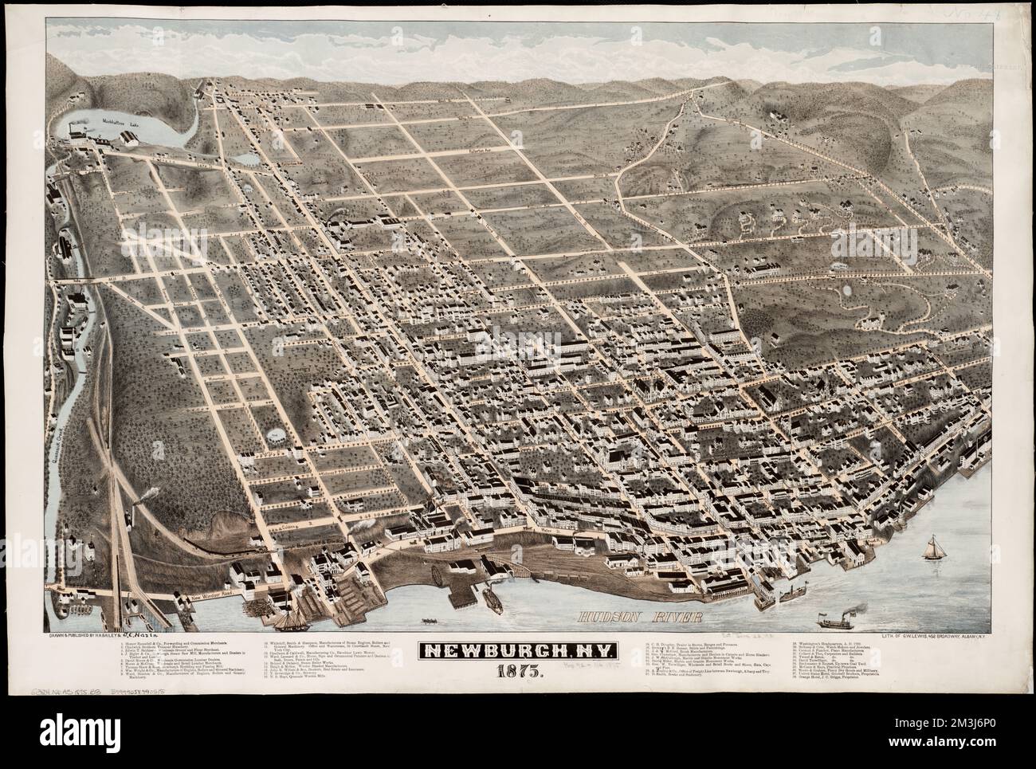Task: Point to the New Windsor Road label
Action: (x=197, y=597)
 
